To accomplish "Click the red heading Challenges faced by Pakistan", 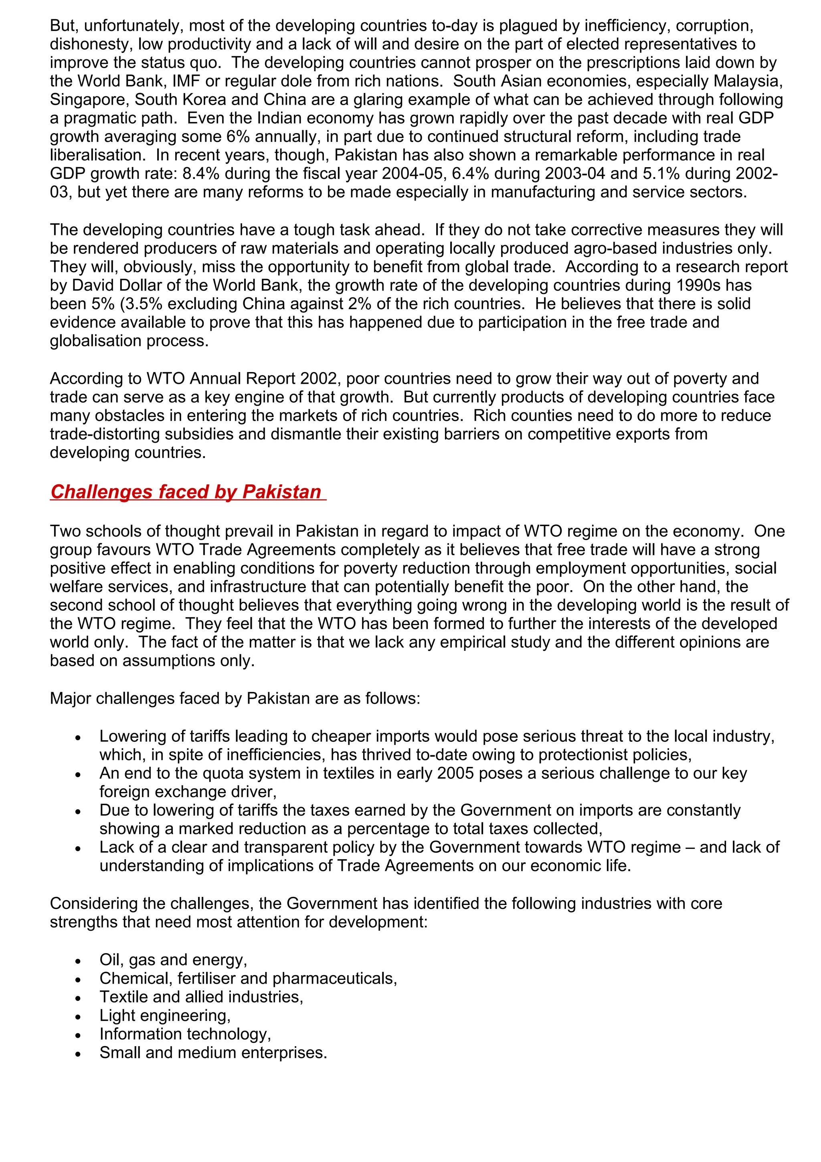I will (186, 492).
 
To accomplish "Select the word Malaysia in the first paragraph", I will (748, 81).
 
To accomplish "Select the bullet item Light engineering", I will (165, 1015).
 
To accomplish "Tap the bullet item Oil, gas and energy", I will (173, 960).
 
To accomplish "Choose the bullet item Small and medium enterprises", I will (213, 1053).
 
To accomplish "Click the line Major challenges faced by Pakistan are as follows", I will (235, 698).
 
